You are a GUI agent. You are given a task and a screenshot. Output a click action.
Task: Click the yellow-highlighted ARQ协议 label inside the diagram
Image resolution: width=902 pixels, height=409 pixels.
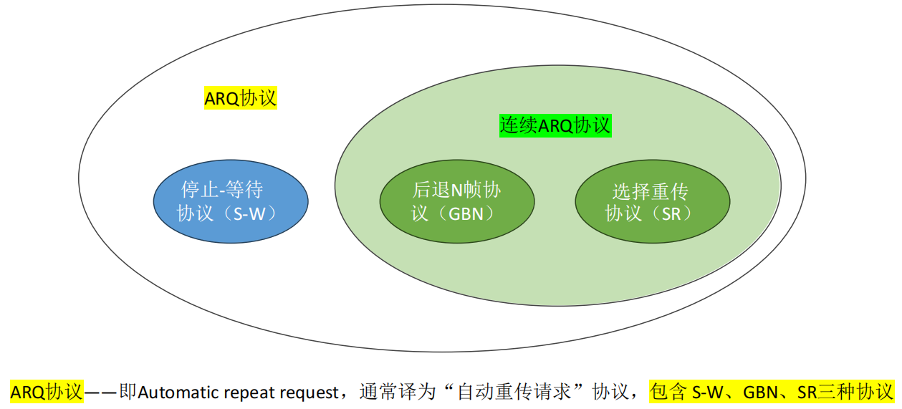(x=241, y=98)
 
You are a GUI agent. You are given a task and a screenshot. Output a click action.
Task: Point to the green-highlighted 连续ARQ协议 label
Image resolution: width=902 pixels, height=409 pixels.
(x=555, y=126)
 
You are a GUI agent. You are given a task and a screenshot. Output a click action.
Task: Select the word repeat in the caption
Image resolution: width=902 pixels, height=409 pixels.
(x=242, y=393)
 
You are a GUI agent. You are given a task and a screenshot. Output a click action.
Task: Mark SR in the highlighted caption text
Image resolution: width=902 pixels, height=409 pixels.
(x=807, y=393)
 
